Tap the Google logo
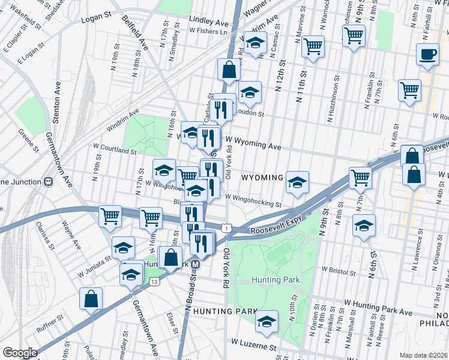click(x=20, y=353)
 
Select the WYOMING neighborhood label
click(x=262, y=178)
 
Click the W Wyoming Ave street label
click(x=253, y=146)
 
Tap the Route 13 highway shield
click(x=155, y=281)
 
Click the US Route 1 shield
click(x=226, y=227)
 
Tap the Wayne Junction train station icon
click(x=48, y=182)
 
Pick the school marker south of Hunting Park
click(x=267, y=321)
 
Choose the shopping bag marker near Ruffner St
click(x=91, y=298)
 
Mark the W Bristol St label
click(x=339, y=271)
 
